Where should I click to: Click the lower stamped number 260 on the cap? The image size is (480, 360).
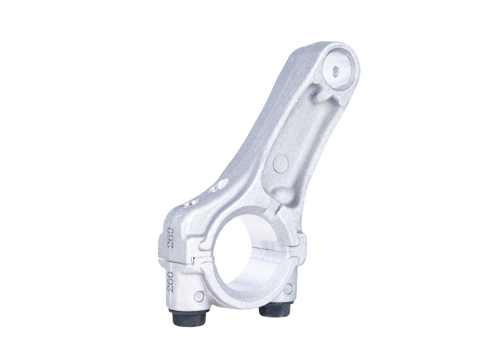coord(170,282)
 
